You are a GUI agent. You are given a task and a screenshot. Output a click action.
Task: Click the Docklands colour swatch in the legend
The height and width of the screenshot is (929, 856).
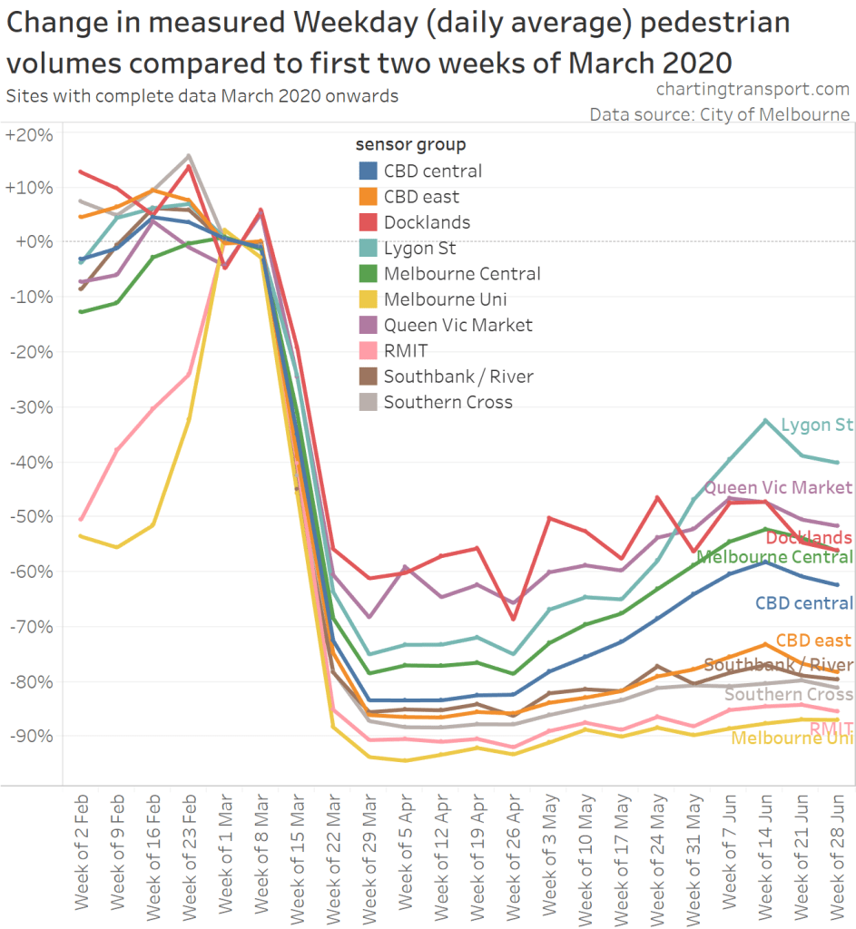(x=369, y=222)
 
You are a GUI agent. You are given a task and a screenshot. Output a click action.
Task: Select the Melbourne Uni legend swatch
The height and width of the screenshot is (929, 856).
(x=369, y=299)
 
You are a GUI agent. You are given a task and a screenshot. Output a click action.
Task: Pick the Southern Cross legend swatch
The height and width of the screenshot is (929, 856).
(x=369, y=402)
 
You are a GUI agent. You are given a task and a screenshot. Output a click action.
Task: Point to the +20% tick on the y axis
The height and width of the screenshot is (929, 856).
(x=29, y=134)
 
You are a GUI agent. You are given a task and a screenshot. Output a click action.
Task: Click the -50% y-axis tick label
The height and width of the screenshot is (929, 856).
(x=31, y=516)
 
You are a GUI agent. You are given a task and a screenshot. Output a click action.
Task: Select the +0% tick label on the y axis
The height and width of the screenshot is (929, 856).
(x=31, y=241)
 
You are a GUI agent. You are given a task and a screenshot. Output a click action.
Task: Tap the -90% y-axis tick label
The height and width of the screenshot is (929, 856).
(x=31, y=736)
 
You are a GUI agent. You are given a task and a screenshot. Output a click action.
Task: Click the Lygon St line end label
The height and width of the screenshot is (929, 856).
(x=816, y=424)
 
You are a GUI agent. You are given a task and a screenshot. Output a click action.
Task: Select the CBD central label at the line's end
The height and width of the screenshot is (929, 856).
(x=803, y=603)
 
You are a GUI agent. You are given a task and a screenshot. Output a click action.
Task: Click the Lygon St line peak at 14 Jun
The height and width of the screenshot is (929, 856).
(x=765, y=420)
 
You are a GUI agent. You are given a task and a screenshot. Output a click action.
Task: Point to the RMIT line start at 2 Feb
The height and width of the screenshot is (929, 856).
(x=82, y=519)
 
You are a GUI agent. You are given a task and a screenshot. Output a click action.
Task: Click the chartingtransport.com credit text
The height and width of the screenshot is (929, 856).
(x=752, y=90)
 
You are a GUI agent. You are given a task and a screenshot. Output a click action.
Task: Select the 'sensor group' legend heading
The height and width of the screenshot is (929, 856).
(x=410, y=144)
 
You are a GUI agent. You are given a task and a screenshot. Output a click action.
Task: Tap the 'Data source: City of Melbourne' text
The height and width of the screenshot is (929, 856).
(x=719, y=114)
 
